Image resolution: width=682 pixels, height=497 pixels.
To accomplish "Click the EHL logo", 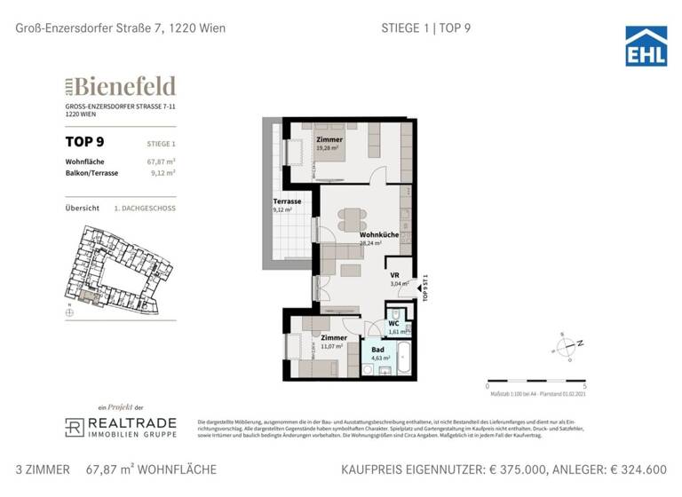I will point(646,45).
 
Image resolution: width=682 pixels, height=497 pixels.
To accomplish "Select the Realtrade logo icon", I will point(75,427).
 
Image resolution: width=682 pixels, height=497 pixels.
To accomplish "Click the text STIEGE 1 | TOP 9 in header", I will point(419,28).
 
